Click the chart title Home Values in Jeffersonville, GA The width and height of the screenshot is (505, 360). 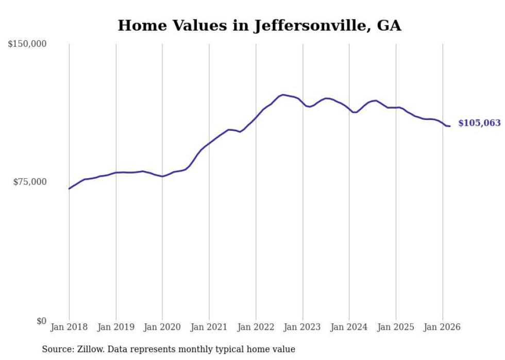(x=259, y=25)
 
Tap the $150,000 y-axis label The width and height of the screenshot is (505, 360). (x=27, y=44)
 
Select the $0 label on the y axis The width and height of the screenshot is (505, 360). (x=41, y=321)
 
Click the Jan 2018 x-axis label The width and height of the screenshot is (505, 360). (x=69, y=327)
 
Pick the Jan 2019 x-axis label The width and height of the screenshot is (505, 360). (x=116, y=327)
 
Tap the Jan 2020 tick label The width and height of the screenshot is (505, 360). (x=162, y=327)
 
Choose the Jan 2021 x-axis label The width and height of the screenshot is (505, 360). (x=209, y=327)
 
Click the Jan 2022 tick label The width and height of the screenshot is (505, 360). (x=256, y=327)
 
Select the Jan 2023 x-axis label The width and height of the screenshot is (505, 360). (x=302, y=327)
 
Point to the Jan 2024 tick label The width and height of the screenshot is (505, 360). (x=349, y=327)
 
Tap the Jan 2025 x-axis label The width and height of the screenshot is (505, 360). (x=396, y=327)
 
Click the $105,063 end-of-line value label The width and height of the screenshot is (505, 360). (x=479, y=123)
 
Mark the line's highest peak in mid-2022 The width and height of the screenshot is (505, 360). (x=282, y=95)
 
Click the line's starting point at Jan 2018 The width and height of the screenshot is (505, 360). (x=69, y=188)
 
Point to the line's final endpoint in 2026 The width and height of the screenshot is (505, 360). (x=450, y=126)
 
